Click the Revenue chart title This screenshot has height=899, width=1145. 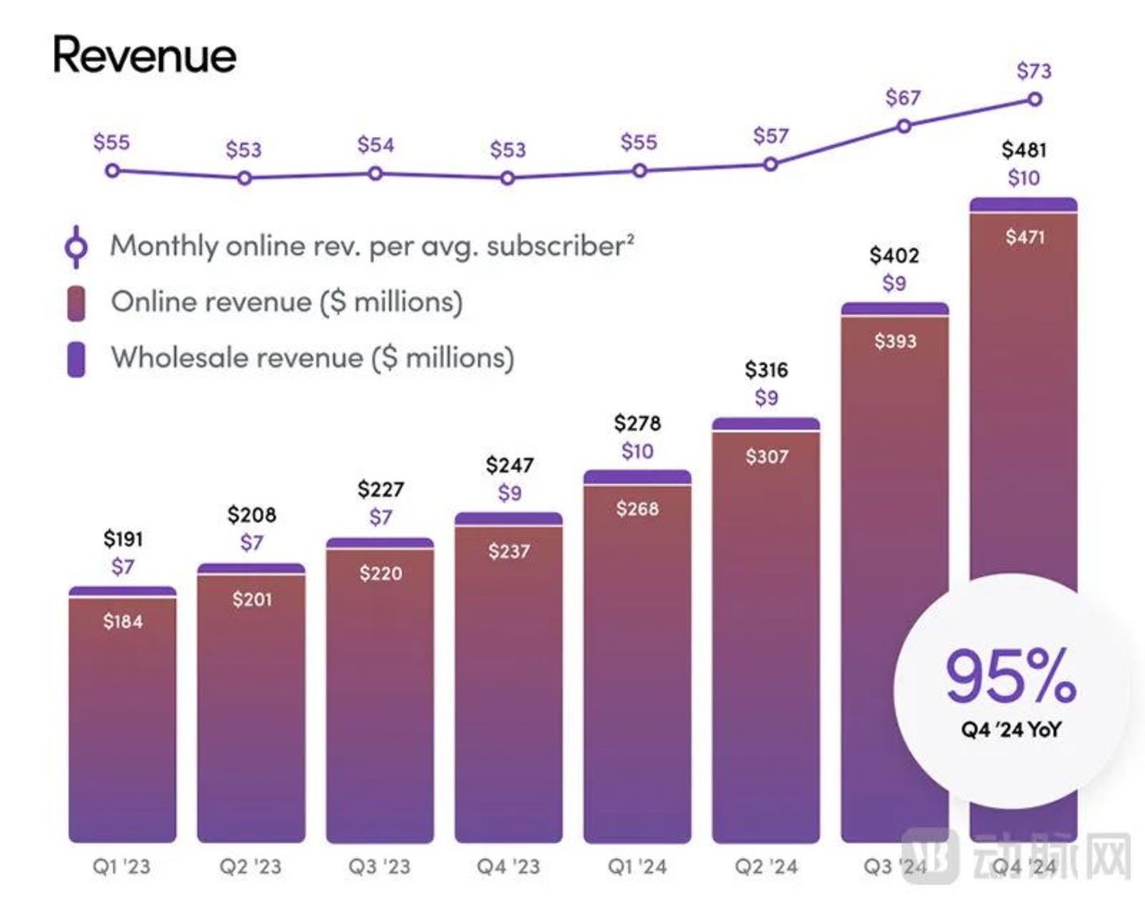point(144,56)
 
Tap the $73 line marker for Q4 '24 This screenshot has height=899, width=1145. point(1034,99)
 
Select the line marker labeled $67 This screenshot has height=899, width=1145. point(904,126)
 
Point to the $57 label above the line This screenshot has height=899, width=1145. point(770,136)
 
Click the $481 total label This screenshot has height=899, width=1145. point(1023,150)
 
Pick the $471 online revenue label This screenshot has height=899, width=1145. point(1024,236)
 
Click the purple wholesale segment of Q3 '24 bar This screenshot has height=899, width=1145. point(894,309)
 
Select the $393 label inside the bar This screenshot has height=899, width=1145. point(895,341)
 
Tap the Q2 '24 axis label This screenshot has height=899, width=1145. point(765,866)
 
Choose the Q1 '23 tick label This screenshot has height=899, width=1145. point(121,866)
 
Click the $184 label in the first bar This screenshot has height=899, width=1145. point(123,621)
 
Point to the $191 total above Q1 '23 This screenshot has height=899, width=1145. point(123,539)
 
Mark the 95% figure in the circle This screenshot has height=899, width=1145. point(1011,675)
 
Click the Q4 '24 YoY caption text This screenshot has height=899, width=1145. point(1011,730)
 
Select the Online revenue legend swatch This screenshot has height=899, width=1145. point(76,303)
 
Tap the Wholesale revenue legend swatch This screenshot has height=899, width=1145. point(76,359)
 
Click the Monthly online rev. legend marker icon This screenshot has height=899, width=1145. point(76,247)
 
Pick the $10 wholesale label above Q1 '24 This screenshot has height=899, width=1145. point(637,451)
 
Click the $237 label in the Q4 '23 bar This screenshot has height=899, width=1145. point(508,551)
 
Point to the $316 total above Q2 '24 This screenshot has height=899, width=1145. point(765,370)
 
